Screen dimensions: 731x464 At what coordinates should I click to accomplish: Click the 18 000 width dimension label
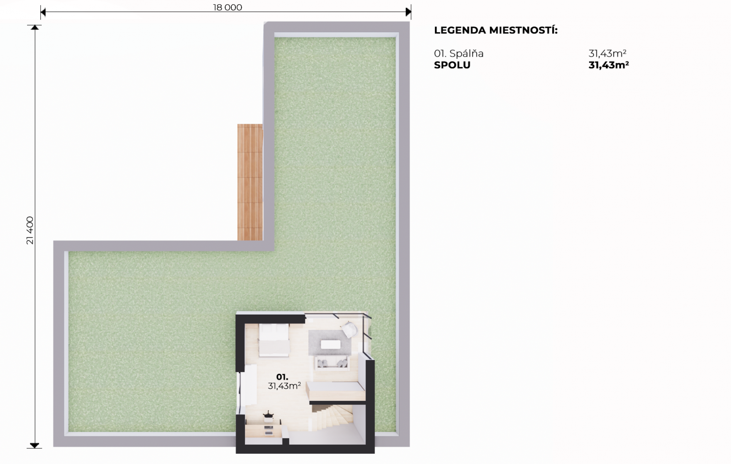[227, 7]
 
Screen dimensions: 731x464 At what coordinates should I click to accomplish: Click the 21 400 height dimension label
[30, 230]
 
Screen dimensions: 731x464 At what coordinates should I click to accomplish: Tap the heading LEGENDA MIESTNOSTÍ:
[496, 30]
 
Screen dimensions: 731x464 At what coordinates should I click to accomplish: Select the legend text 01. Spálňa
[459, 53]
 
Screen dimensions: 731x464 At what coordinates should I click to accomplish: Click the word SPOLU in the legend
[452, 65]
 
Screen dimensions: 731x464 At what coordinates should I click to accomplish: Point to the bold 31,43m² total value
[609, 65]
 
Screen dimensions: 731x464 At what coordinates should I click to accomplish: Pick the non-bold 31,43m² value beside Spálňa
[607, 53]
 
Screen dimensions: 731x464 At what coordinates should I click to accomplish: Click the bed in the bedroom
[274, 340]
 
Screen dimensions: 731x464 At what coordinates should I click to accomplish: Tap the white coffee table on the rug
[330, 344]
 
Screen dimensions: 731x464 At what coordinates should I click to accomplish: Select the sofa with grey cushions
[332, 363]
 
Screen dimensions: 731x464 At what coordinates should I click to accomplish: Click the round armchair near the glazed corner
[349, 330]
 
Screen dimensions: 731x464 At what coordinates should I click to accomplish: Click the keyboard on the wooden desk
[269, 427]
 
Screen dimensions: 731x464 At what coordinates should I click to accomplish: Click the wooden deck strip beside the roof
[250, 182]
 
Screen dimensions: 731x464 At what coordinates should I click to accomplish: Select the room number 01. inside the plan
[282, 377]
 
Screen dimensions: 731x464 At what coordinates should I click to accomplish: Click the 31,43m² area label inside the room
[284, 386]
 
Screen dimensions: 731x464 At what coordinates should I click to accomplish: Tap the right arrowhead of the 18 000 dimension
[409, 12]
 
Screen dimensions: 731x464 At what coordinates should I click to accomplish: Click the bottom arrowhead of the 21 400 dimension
[34, 445]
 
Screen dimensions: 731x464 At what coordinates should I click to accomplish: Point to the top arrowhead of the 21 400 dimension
[35, 27]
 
